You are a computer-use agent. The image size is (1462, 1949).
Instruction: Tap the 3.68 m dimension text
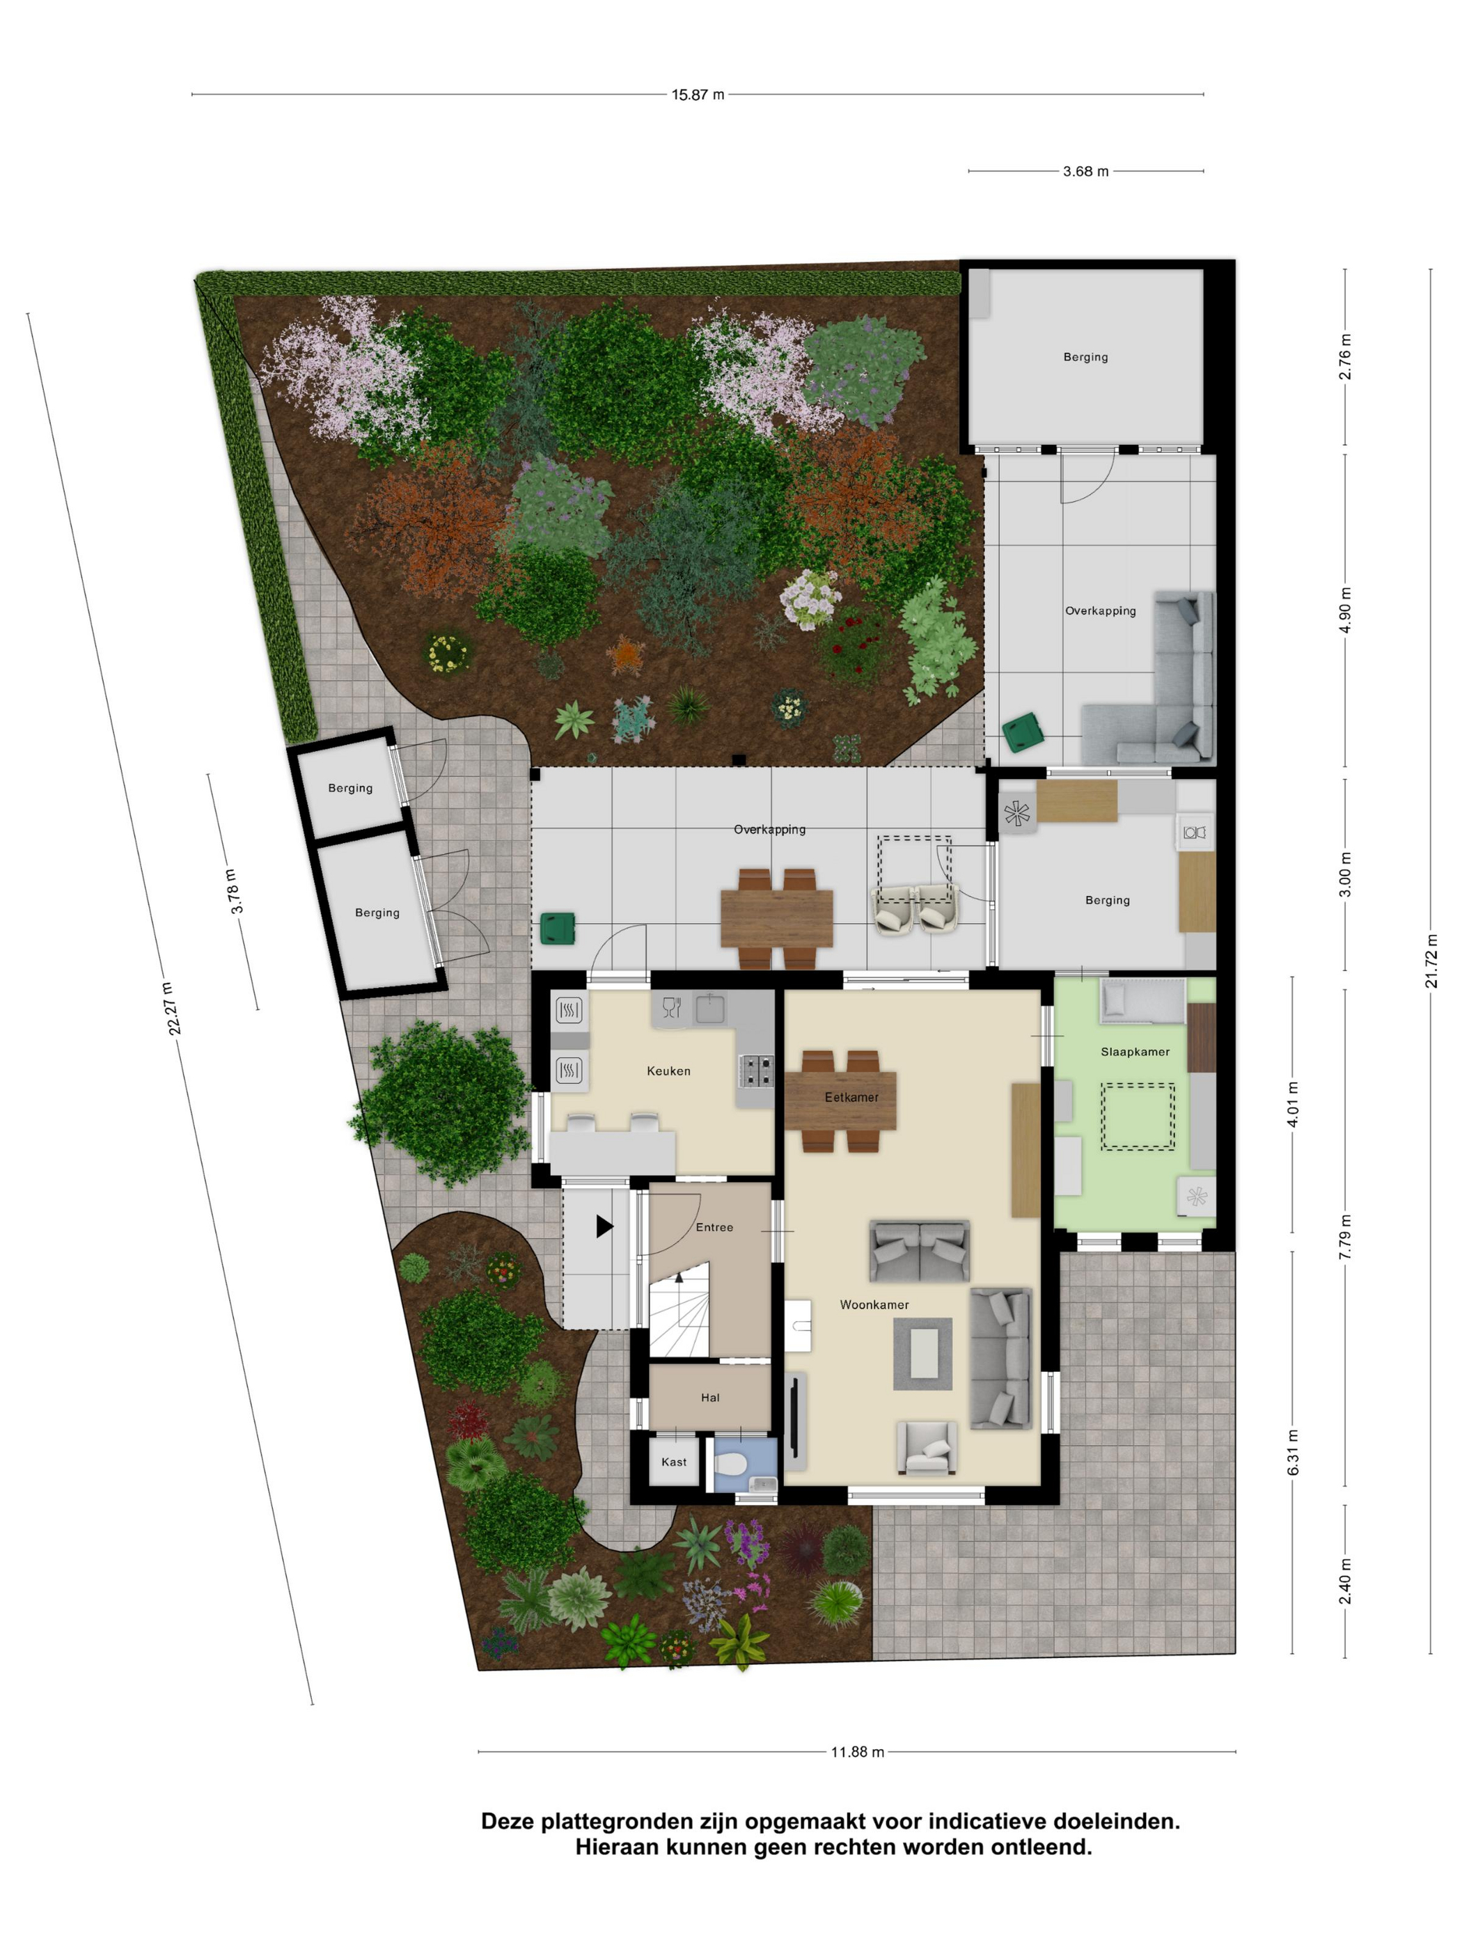1085,171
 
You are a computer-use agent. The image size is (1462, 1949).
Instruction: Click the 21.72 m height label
1431,961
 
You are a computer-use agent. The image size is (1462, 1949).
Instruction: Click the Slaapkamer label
1135,1051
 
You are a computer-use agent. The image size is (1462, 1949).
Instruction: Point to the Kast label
673,1462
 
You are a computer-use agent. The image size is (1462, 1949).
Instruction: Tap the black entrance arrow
604,1226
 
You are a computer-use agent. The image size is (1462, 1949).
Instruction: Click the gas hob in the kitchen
755,1071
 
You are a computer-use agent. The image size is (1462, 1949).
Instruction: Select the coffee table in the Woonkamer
922,1353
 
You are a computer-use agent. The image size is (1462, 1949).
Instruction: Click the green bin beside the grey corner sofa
1022,733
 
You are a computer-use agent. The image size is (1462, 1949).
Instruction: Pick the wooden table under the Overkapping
776,919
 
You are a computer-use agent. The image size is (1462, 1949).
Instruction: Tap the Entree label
714,1226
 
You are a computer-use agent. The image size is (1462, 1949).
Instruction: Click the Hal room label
709,1396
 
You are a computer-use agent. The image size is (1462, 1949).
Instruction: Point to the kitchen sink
709,1007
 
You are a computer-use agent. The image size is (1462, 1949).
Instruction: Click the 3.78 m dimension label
233,891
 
